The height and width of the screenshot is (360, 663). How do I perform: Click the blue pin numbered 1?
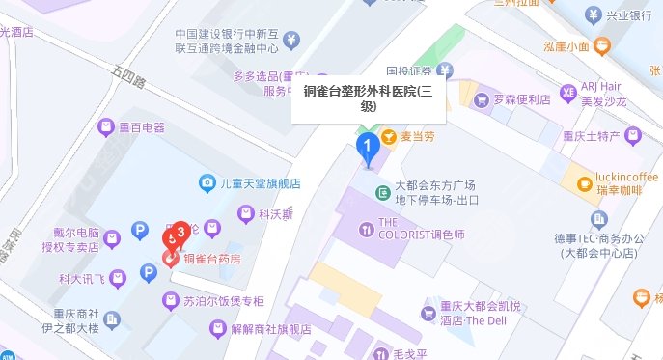[368, 148]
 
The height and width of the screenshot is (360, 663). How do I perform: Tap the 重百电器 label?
[143, 127]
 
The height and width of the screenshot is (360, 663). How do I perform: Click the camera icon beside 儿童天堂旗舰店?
[207, 182]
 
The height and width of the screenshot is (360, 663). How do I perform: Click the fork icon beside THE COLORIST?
[366, 229]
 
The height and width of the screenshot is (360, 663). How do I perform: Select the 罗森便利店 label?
[520, 98]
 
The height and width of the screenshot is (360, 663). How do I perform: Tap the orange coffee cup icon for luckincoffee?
[584, 183]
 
